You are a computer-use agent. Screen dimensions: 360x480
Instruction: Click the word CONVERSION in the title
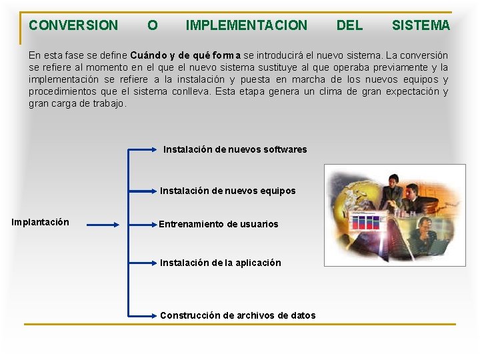pyautogui.click(x=73, y=25)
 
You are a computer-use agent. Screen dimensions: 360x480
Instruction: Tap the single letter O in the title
pyautogui.click(x=153, y=25)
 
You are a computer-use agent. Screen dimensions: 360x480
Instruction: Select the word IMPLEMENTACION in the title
pyautogui.click(x=247, y=25)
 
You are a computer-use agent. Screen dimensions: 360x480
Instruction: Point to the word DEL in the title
pyautogui.click(x=349, y=25)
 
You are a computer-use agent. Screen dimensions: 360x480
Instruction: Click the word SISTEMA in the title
pyautogui.click(x=421, y=25)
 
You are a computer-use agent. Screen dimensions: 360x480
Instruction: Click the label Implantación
pyautogui.click(x=41, y=222)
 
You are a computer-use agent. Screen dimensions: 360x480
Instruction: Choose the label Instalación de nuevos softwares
pyautogui.click(x=235, y=149)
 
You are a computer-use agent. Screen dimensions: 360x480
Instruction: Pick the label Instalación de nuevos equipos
pyautogui.click(x=227, y=191)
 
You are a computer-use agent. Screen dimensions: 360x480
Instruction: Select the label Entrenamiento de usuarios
pyautogui.click(x=219, y=224)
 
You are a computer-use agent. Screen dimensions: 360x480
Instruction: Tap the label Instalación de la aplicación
pyautogui.click(x=220, y=263)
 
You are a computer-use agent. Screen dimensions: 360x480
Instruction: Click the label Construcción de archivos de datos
pyautogui.click(x=237, y=315)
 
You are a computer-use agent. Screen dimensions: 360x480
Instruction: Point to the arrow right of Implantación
pyautogui.click(x=103, y=225)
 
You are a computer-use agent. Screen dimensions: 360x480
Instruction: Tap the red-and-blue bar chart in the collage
pyautogui.click(x=365, y=222)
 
